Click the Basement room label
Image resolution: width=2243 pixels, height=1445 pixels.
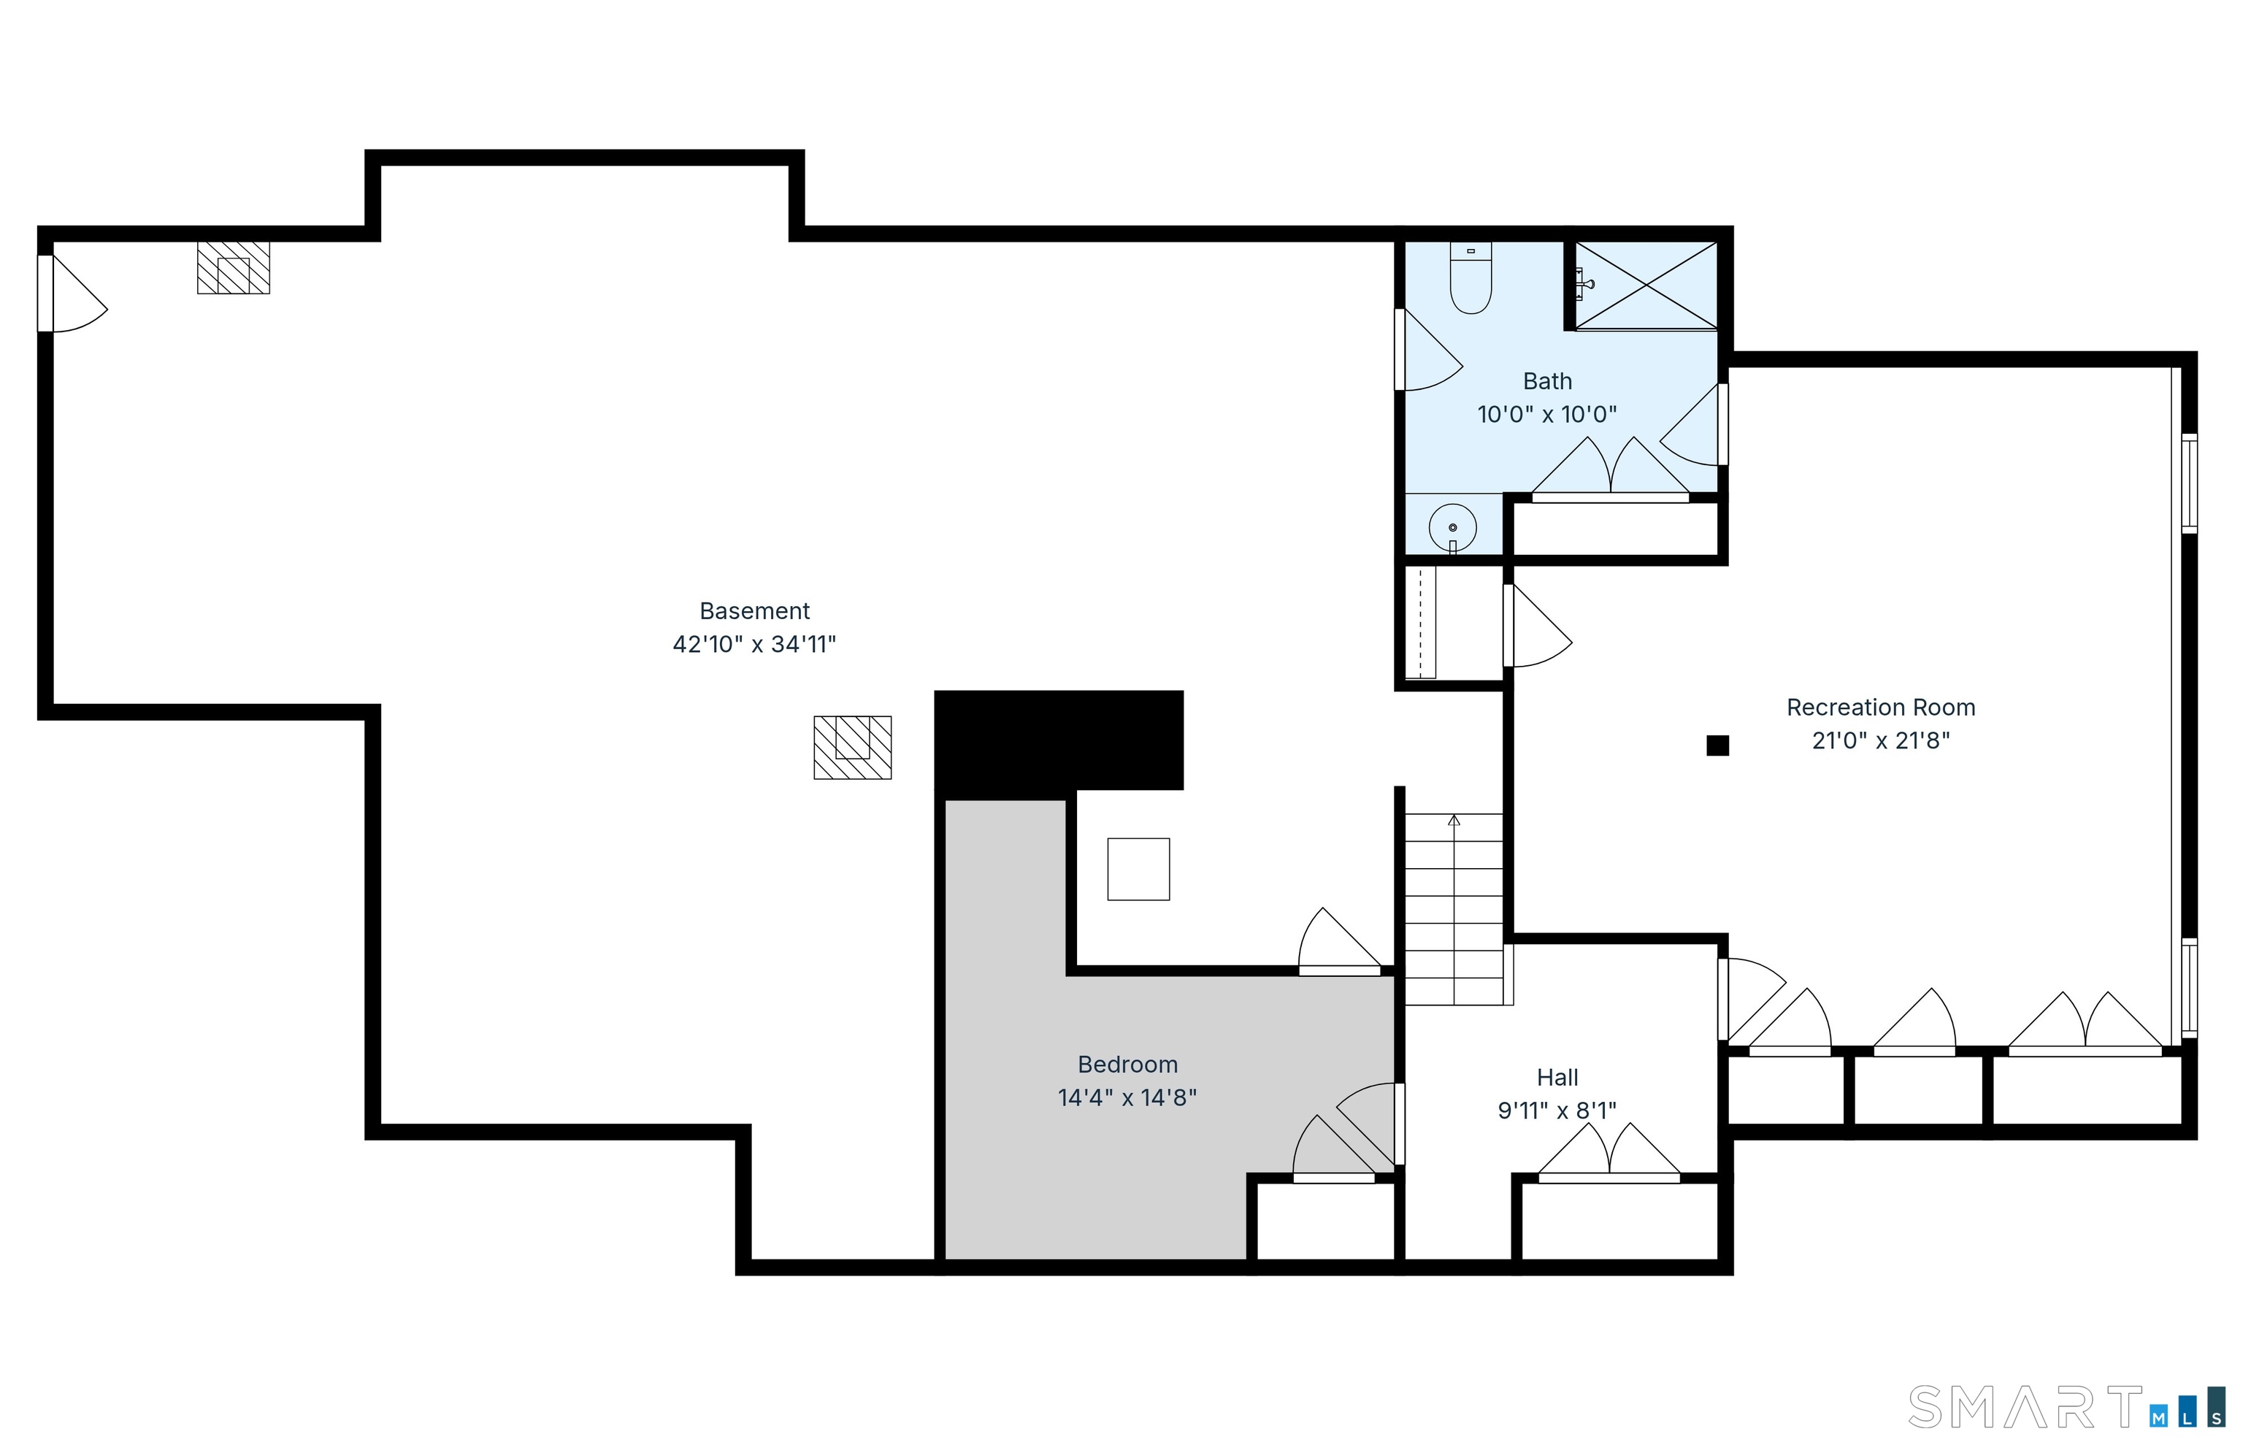click(x=754, y=611)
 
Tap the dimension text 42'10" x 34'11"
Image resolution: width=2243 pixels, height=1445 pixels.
click(x=754, y=644)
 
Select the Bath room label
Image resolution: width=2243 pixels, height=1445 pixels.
click(x=1547, y=381)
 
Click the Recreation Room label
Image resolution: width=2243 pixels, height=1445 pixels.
click(x=1880, y=707)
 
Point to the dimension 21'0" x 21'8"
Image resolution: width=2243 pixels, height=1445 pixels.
click(x=1880, y=740)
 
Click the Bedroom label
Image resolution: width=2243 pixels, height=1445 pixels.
click(x=1127, y=1064)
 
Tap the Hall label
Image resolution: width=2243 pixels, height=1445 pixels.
click(x=1557, y=1077)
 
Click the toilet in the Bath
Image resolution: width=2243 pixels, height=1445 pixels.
click(x=1470, y=277)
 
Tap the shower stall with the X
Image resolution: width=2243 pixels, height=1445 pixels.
click(x=1646, y=285)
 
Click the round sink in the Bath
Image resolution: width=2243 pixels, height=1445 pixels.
click(x=1452, y=527)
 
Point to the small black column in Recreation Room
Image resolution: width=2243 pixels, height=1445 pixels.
click(x=1717, y=745)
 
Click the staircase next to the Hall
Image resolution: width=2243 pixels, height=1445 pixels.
click(x=1454, y=908)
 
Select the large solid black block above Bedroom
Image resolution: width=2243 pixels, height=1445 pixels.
click(x=1058, y=740)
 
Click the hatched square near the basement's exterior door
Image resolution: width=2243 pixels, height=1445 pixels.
click(x=234, y=267)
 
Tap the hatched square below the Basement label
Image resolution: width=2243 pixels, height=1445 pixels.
click(x=852, y=747)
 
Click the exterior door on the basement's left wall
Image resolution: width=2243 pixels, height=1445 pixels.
click(x=72, y=294)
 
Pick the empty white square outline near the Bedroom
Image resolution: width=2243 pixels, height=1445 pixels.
click(x=1138, y=869)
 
